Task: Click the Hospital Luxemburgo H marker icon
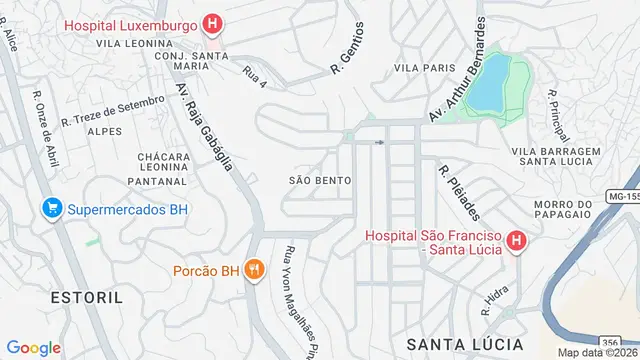pyautogui.click(x=212, y=24)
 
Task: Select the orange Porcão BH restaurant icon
pyautogui.click(x=255, y=270)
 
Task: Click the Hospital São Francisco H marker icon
pyautogui.click(x=516, y=240)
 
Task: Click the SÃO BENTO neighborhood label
pyautogui.click(x=319, y=180)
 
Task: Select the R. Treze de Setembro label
pyautogui.click(x=112, y=110)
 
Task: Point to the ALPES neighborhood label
pyautogui.click(x=105, y=131)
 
